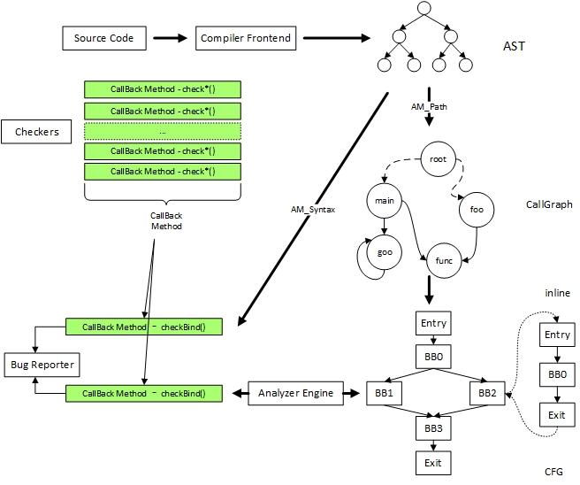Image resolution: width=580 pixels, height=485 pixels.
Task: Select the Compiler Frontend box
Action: (x=245, y=38)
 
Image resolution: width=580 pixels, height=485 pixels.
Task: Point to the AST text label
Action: (x=514, y=45)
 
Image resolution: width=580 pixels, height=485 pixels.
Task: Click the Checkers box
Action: (x=36, y=132)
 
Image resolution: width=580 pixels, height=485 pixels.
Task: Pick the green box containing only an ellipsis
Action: (x=162, y=131)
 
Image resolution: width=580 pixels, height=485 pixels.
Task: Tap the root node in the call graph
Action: (x=437, y=159)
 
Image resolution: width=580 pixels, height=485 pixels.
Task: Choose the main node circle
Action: (x=384, y=201)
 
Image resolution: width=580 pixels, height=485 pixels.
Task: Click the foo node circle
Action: (x=477, y=211)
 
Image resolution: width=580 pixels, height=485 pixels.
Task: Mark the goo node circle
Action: (x=385, y=252)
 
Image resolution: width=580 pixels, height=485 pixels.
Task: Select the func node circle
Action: (x=445, y=261)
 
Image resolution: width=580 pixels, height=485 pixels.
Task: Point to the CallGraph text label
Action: (x=548, y=204)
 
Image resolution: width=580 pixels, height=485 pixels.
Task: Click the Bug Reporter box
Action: (x=42, y=364)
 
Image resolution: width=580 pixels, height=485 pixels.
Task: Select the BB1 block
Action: (x=385, y=392)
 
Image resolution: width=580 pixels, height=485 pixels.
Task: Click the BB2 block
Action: (x=486, y=392)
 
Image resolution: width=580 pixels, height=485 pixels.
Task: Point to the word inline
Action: (x=557, y=293)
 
